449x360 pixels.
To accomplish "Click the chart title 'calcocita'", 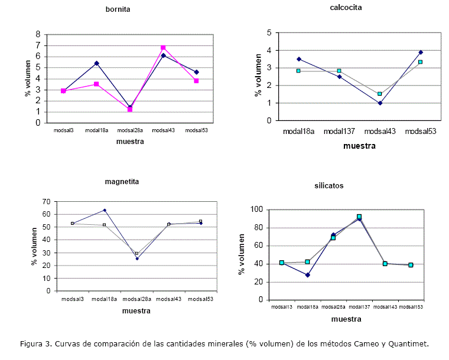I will point(346,8).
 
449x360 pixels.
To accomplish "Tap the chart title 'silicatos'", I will point(329,185).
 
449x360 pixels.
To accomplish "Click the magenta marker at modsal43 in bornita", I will point(163,48).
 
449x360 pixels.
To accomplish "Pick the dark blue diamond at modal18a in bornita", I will point(96,63).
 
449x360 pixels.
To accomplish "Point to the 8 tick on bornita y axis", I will point(37,34).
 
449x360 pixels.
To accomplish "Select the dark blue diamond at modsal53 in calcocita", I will point(421,52).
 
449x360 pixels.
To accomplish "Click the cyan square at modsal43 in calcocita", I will point(380,94).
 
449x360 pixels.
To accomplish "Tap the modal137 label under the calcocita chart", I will point(339,131).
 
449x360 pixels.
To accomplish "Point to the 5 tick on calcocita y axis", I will point(269,33).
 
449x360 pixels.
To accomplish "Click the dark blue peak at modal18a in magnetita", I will point(105,210).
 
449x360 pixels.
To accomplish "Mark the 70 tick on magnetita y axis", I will point(46,202).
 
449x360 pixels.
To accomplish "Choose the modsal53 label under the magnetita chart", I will point(200,299).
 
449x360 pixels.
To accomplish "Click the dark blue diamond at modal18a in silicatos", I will point(307,275).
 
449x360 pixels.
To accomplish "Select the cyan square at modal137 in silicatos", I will point(359,217).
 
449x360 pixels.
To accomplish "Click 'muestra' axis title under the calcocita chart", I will point(359,146).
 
